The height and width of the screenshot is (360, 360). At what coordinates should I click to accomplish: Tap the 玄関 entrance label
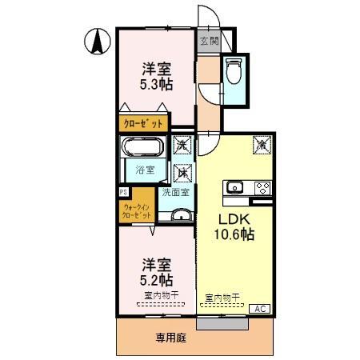click(x=207, y=41)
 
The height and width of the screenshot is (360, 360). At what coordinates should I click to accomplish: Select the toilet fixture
click(x=234, y=74)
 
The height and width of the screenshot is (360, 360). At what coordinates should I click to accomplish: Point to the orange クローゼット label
click(x=143, y=123)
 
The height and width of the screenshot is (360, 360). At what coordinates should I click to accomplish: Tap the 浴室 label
click(x=144, y=170)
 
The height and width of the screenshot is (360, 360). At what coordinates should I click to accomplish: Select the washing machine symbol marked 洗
click(x=183, y=146)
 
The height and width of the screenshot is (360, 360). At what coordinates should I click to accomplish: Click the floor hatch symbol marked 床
click(x=183, y=172)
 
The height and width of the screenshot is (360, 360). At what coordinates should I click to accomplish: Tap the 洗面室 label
click(x=175, y=192)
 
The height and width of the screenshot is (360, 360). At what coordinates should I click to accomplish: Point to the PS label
click(x=123, y=192)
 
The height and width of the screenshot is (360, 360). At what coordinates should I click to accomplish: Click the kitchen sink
click(x=235, y=188)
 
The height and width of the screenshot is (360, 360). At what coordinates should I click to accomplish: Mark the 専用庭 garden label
click(x=170, y=338)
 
